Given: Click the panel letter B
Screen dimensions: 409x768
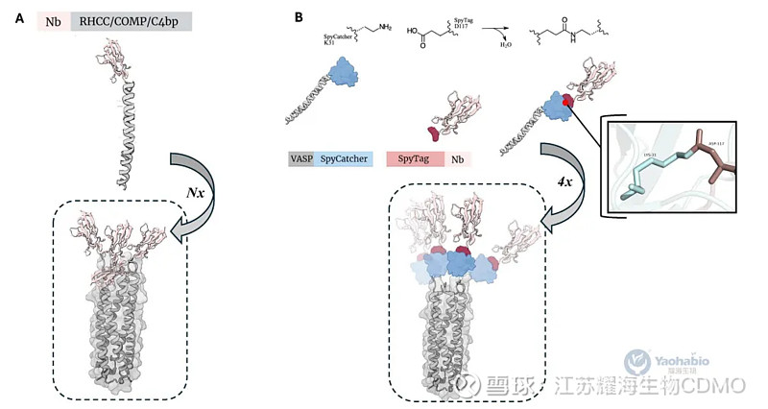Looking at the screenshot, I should click(x=300, y=19).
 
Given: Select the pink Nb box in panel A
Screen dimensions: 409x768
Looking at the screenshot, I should click(x=53, y=20).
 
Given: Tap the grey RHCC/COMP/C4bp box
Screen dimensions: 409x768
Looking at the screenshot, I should click(x=132, y=20).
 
